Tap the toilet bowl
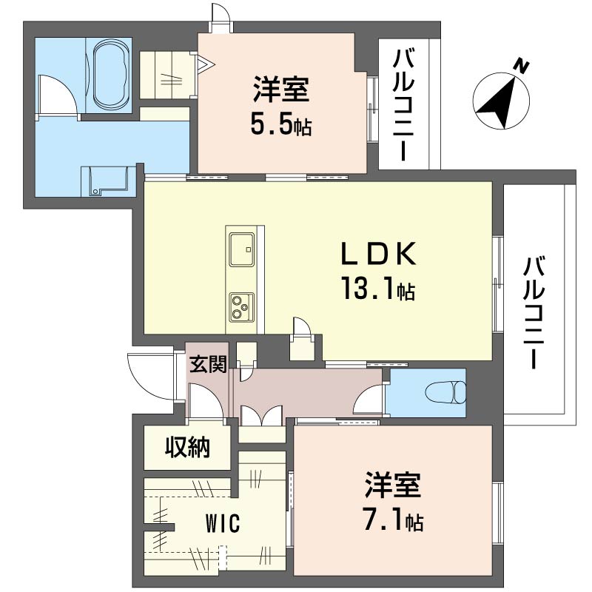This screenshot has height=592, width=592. (446, 392)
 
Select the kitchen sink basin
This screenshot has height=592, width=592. (241, 249)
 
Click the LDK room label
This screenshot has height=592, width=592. (378, 254)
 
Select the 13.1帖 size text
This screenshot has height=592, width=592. (378, 289)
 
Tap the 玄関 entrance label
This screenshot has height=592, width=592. (208, 364)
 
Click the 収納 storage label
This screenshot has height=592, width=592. (188, 448)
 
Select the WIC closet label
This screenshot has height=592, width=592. (223, 524)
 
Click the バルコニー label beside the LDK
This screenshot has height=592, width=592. (534, 312)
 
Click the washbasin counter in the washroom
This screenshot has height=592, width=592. (109, 181)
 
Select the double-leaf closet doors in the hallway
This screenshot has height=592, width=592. (262, 415)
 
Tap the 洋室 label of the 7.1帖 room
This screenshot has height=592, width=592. (393, 485)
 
